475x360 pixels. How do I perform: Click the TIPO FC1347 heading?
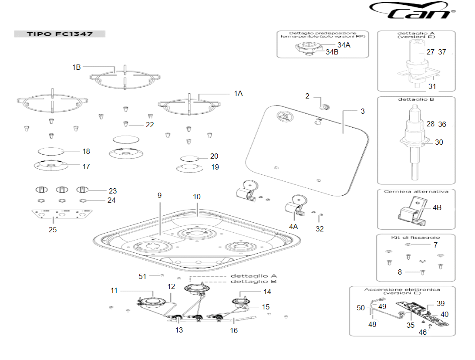pos(60,34)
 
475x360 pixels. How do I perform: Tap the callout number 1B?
pos(77,67)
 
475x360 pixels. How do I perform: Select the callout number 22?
pos(150,125)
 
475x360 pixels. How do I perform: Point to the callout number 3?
pos(363,111)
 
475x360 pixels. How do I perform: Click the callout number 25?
pos(53,230)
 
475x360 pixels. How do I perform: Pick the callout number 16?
pos(234,330)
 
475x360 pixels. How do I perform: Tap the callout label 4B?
pos(437,207)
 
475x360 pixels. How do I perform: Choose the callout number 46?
pos(422,332)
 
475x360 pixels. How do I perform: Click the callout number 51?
pos(142,276)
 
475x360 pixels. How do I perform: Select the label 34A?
pos(344,45)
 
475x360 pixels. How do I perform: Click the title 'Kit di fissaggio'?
pos(416,238)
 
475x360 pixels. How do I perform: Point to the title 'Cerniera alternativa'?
pos(416,191)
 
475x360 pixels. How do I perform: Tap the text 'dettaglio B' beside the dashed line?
pos(253,282)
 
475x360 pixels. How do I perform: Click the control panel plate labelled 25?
pos(61,214)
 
